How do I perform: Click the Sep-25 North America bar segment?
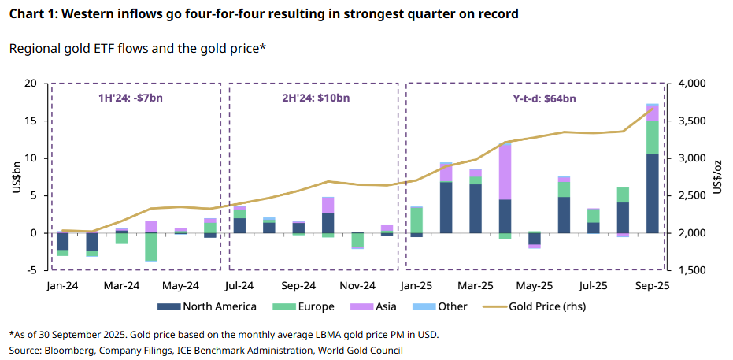653,193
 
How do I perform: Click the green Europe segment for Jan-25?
416,220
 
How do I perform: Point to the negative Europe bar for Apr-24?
151,247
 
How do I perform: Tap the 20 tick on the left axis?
31,84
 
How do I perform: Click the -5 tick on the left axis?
32,270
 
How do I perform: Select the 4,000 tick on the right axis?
694,84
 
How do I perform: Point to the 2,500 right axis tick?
694,195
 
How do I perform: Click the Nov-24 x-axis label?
357,284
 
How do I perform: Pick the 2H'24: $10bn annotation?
313,98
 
